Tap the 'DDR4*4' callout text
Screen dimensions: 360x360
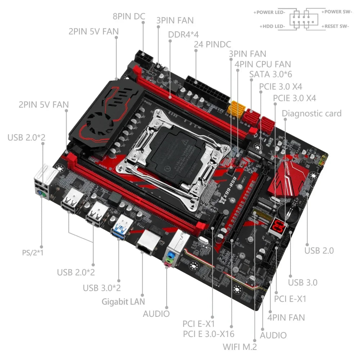(184, 34)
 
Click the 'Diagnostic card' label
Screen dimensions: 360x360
(311, 113)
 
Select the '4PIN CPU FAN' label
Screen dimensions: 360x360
(263, 64)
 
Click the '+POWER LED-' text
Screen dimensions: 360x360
(270, 12)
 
